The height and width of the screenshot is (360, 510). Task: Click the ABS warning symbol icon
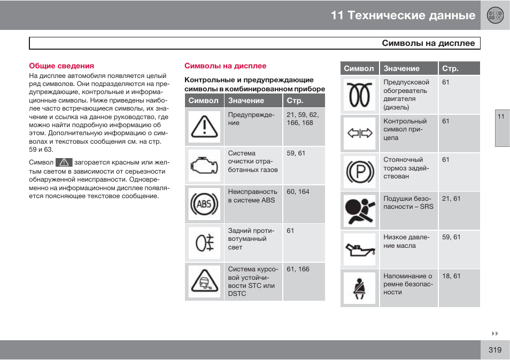[204, 204]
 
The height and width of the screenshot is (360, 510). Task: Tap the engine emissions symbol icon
[204, 166]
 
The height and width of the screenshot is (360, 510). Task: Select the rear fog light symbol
[204, 243]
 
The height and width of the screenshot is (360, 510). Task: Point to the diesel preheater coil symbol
[359, 95]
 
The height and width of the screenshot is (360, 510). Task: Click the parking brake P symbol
[359, 172]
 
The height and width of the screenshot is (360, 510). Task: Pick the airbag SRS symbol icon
[359, 210]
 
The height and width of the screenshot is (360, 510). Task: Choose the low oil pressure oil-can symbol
[359, 249]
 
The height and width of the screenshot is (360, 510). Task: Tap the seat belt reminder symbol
[359, 288]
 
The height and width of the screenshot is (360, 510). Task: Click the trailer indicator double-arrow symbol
[359, 133]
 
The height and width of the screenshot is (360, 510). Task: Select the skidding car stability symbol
[204, 281]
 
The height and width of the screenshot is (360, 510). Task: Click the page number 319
[494, 350]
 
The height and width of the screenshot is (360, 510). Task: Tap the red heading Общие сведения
[61, 66]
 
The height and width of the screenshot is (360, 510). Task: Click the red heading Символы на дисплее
[225, 66]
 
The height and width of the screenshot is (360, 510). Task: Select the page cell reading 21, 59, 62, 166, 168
[303, 119]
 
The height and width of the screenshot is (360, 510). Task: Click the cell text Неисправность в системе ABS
[252, 195]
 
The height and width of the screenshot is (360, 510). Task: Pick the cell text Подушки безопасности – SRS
[408, 202]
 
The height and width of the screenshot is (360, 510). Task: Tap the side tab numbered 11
[501, 117]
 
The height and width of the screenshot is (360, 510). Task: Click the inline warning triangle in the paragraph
[64, 162]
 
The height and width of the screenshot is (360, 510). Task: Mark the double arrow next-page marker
[495, 333]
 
